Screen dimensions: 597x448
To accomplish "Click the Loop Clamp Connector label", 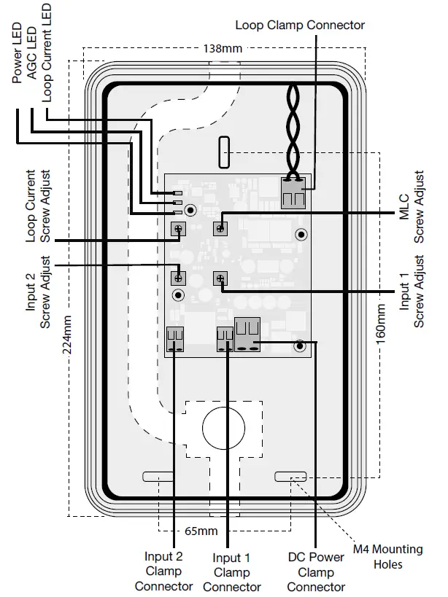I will pyautogui.click(x=299, y=25).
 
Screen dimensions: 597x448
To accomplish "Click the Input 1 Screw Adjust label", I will pyautogui.click(x=412, y=292).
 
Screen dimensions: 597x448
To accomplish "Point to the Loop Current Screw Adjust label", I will pyautogui.click(x=38, y=206).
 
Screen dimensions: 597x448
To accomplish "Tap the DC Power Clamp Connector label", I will pyautogui.click(x=315, y=571).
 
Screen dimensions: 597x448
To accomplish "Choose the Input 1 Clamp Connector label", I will pyautogui.click(x=231, y=572).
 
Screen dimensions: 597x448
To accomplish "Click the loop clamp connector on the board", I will pyautogui.click(x=294, y=192).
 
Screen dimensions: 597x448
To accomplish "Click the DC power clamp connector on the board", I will pyautogui.click(x=247, y=336).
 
